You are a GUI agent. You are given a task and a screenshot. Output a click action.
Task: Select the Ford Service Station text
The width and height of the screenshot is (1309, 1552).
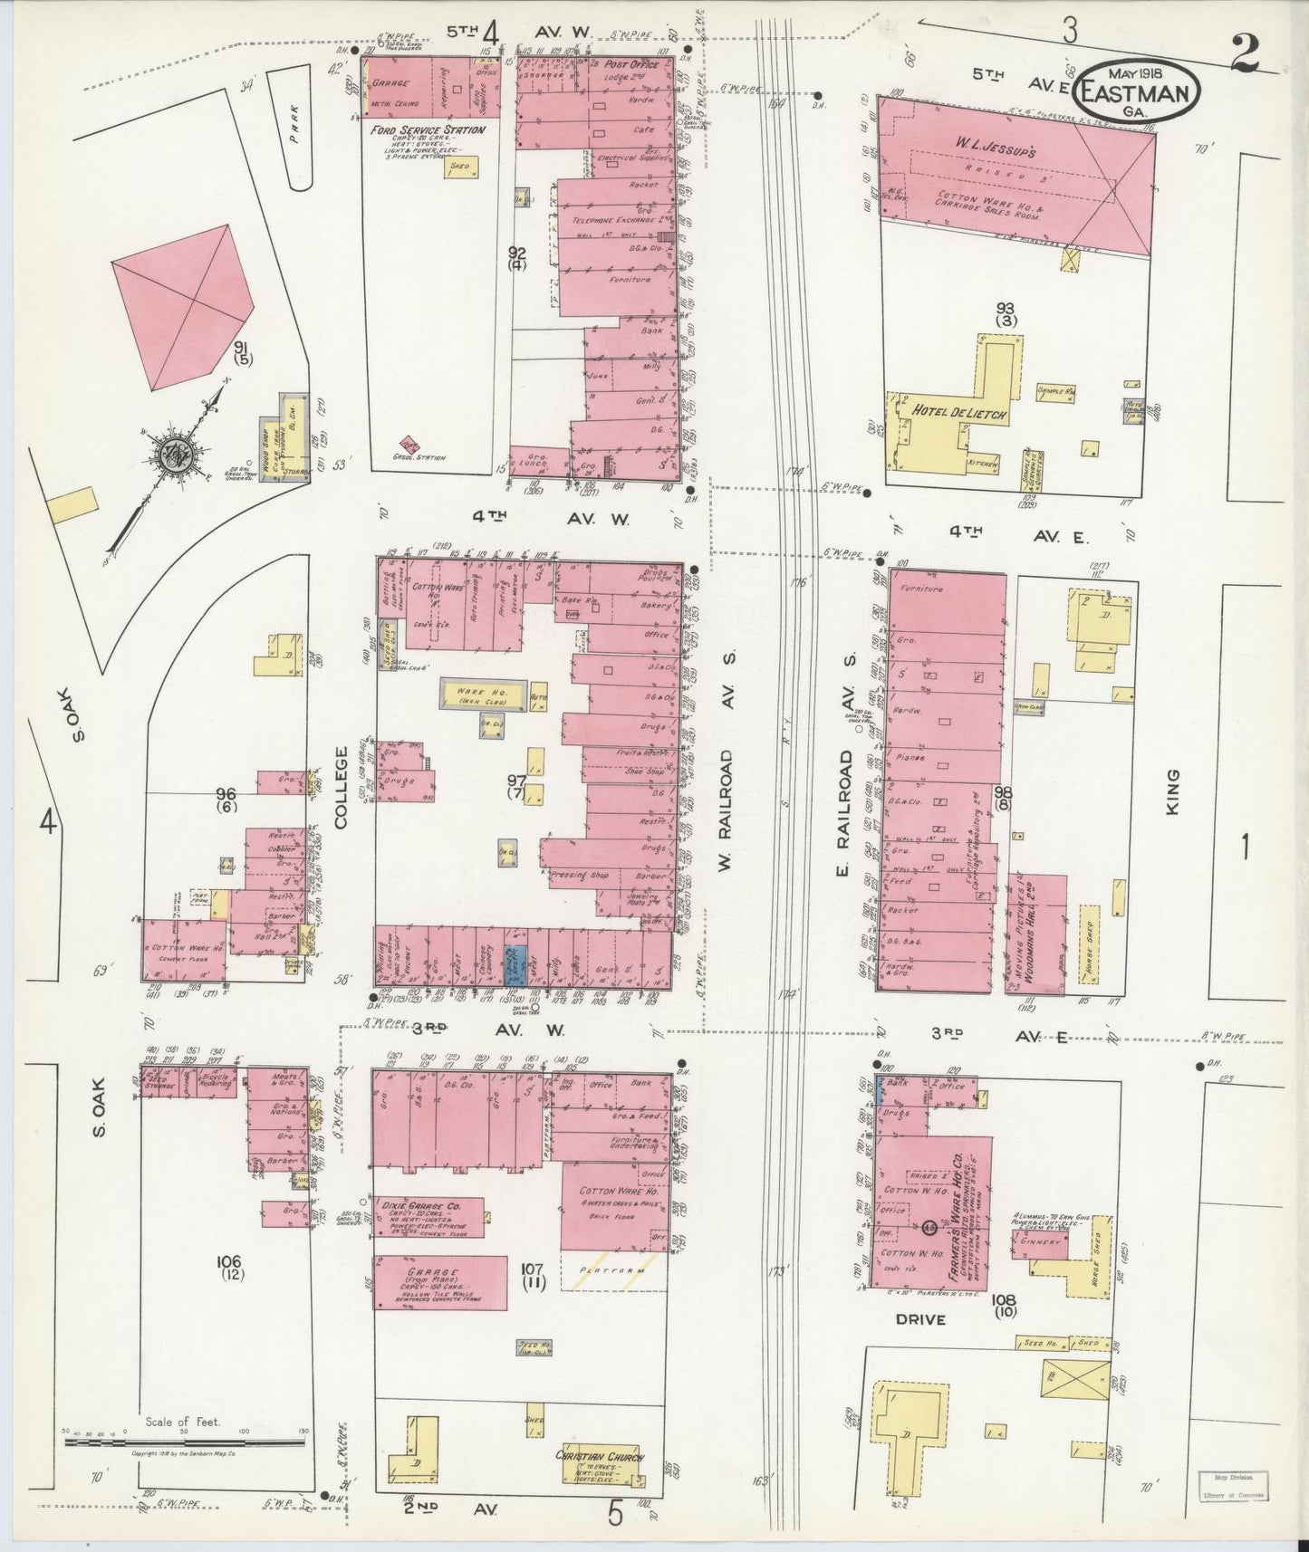pos(428,130)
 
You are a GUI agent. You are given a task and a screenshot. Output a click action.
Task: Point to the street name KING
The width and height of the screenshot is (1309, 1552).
pos(1173,791)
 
